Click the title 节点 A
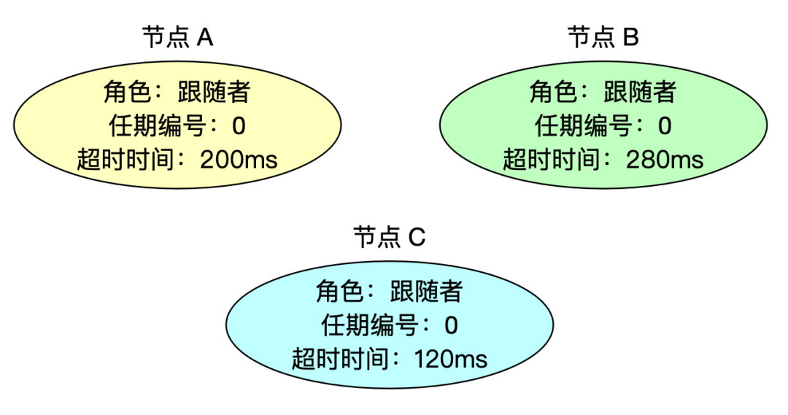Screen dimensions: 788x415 tap(177, 37)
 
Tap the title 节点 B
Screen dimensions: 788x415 tap(603, 37)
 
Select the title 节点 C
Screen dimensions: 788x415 tap(389, 237)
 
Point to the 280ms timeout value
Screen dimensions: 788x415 tap(665, 159)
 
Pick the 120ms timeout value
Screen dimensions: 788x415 tap(451, 358)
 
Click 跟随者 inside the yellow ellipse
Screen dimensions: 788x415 tap(215, 93)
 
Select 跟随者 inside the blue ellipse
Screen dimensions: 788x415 tap(427, 292)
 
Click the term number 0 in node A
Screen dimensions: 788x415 tap(239, 126)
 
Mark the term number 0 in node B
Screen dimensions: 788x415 tap(665, 126)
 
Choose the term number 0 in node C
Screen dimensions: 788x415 tap(451, 325)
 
